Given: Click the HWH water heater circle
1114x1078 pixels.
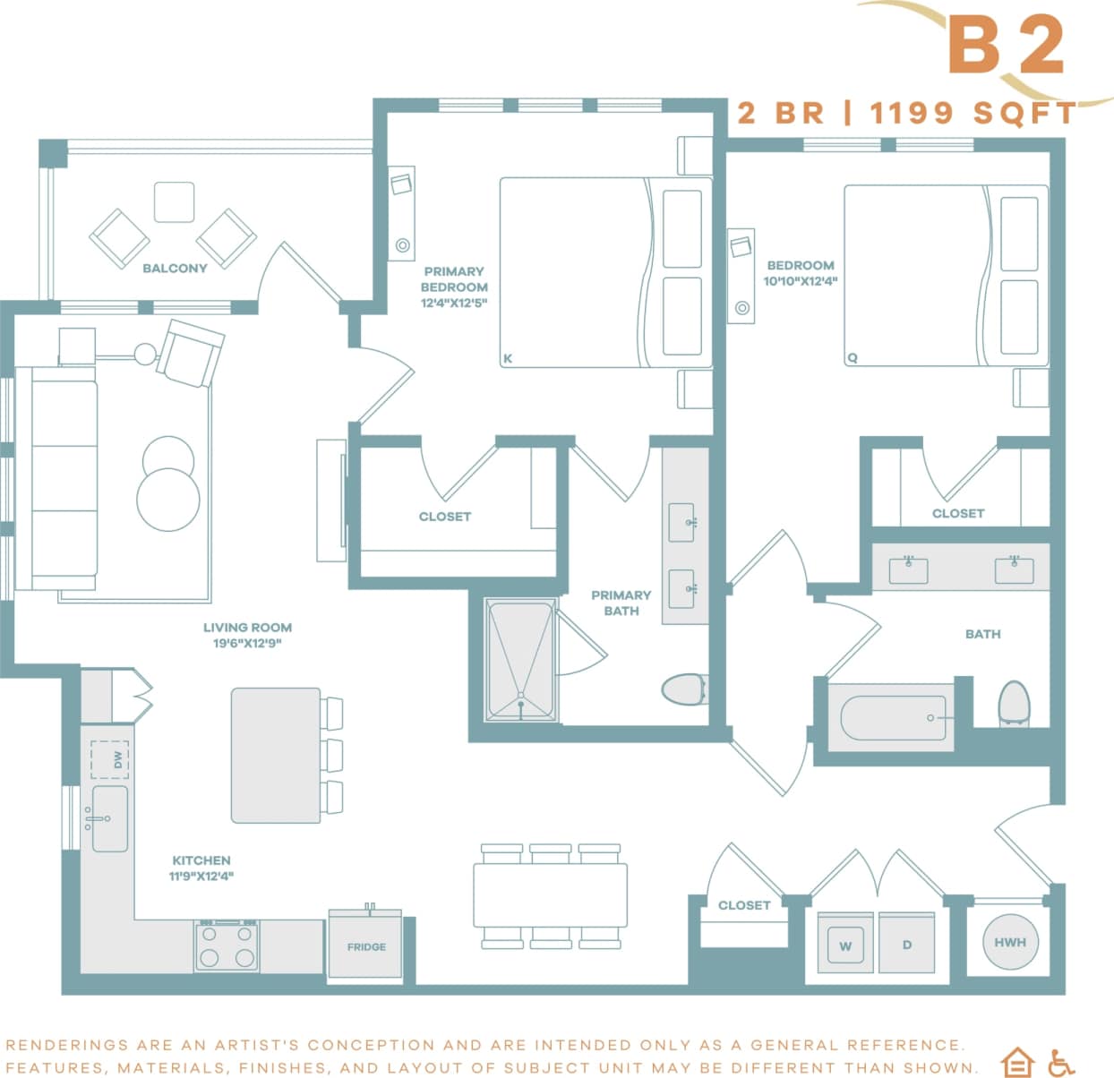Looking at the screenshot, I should [1010, 942].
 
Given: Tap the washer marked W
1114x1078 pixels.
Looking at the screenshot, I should [845, 945].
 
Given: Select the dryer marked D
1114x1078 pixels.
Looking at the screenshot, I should [906, 945].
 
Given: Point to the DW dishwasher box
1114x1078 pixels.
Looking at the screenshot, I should [110, 760].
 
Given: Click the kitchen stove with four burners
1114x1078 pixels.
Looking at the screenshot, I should [227, 945].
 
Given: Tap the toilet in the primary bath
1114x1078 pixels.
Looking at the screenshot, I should [684, 689].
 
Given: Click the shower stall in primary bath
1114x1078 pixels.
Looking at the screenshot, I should [520, 661].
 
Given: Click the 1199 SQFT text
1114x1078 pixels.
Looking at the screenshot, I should [973, 113].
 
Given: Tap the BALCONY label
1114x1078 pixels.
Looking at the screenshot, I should [175, 268].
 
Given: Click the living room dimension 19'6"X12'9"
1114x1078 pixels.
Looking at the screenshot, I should [247, 643].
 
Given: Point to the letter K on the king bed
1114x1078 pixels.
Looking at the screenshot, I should [508, 359].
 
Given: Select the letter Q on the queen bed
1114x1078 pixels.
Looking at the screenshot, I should [853, 358].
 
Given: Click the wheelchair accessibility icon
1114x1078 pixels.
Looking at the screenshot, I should [1061, 1063].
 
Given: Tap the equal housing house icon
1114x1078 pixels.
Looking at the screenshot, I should [1017, 1063].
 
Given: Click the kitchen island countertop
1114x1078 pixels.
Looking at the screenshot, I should [276, 755].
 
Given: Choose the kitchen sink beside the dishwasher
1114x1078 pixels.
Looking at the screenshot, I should [110, 818].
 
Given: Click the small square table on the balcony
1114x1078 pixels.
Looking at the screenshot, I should [174, 201].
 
